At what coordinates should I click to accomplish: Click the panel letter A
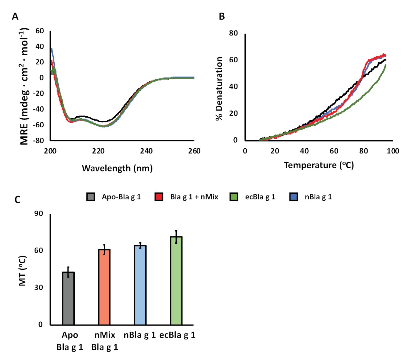click(x=15, y=17)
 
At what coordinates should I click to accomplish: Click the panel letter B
click(x=222, y=17)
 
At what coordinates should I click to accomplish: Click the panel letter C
click(x=18, y=200)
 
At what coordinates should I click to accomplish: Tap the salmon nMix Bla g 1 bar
click(x=104, y=287)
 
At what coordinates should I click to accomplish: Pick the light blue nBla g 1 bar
click(x=140, y=285)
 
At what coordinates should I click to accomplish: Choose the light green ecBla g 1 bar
click(x=176, y=280)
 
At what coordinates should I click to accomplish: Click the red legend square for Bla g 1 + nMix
click(x=159, y=197)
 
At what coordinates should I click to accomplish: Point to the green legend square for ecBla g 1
click(x=234, y=197)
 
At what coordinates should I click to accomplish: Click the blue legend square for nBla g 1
click(x=294, y=197)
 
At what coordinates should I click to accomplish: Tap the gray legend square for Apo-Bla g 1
click(x=91, y=197)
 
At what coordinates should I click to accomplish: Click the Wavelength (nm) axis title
click(x=117, y=168)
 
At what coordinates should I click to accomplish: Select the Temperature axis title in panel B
click(x=319, y=165)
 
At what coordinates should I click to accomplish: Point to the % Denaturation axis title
click(x=219, y=88)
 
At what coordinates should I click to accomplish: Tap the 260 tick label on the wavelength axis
click(x=194, y=151)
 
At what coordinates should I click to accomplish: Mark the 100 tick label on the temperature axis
click(x=393, y=151)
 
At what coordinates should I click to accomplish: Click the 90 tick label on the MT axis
click(x=39, y=214)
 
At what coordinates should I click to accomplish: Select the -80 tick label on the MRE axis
click(x=38, y=140)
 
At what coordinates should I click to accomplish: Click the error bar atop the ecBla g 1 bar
click(x=176, y=237)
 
